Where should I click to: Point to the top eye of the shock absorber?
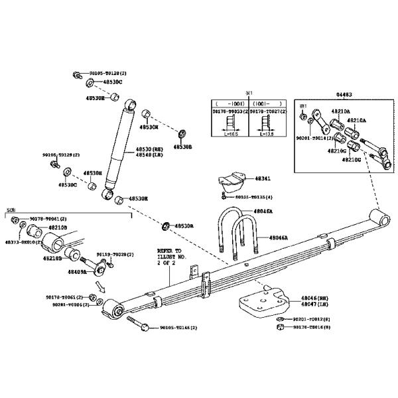coord(130,103)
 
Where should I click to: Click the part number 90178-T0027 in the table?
coord(267,112)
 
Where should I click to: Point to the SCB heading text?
coord(11,210)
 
